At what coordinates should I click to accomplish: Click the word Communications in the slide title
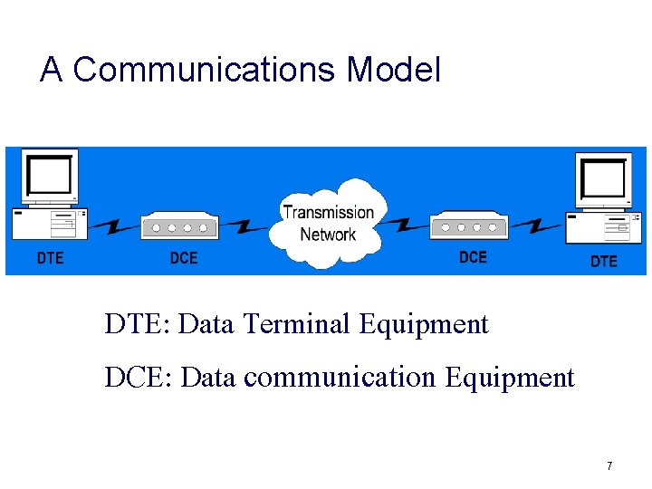click(x=205, y=70)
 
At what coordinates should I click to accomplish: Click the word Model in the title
click(x=394, y=70)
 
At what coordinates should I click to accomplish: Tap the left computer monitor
click(x=50, y=176)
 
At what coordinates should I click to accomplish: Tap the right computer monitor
click(x=604, y=180)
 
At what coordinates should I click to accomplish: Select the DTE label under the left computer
click(x=50, y=258)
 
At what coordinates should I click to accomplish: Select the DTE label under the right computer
click(x=604, y=261)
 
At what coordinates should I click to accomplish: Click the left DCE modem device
click(x=180, y=226)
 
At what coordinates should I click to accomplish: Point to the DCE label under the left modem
click(x=184, y=258)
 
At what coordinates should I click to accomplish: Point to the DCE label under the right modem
click(x=473, y=257)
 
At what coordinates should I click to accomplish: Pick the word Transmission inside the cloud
click(x=328, y=213)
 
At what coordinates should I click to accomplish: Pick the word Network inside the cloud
click(x=328, y=235)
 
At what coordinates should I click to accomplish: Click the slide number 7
click(x=609, y=465)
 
